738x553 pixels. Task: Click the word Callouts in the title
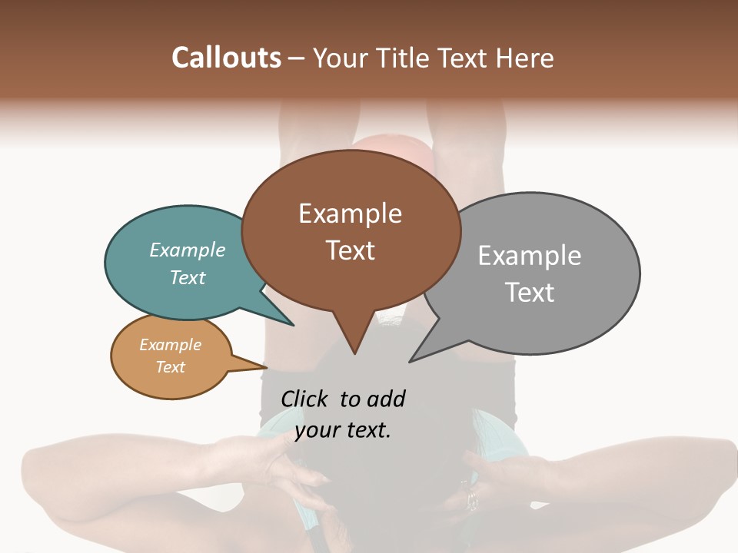226,58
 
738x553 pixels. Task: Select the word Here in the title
527,58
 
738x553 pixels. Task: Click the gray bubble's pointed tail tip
411,361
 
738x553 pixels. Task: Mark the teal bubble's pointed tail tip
292,325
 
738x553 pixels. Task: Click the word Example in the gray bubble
529,256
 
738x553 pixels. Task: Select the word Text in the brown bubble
351,250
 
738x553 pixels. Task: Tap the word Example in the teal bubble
187,250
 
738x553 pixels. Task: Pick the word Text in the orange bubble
170,367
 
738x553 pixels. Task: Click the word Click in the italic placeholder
304,399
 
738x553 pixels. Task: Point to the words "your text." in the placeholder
343,430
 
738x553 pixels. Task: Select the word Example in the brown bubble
350,214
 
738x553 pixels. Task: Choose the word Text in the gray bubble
530,293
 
